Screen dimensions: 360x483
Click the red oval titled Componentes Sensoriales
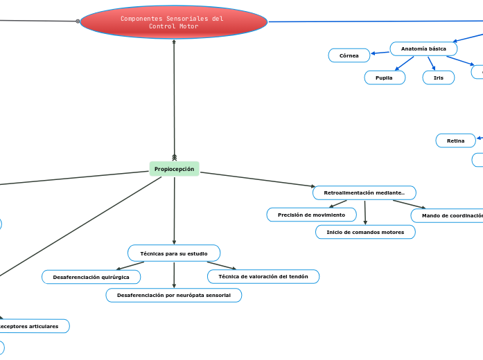pos(173,21)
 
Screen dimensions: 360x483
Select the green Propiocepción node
pos(174,169)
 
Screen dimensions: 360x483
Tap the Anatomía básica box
pos(423,49)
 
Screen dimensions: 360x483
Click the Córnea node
pos(349,55)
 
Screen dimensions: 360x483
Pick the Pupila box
pos(385,78)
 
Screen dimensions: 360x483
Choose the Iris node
pos(439,78)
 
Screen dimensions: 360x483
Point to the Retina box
pos(456,141)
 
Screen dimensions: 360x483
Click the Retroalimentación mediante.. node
pos(365,192)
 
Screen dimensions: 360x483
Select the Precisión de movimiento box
pos(311,215)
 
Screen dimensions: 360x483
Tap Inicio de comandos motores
pos(365,232)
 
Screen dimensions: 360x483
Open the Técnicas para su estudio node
pos(174,253)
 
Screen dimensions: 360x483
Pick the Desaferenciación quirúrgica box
pos(91,277)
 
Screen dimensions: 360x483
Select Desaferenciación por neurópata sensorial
pos(174,296)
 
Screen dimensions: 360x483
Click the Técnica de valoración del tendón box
pos(263,276)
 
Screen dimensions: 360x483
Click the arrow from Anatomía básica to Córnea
pos(380,52)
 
